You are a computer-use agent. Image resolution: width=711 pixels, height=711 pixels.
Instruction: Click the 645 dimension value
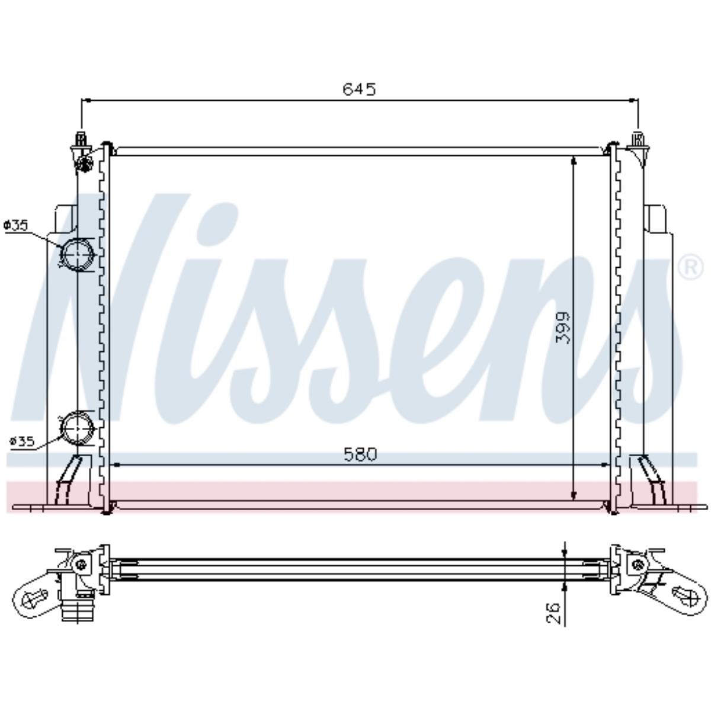359,89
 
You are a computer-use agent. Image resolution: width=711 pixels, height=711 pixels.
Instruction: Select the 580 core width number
360,454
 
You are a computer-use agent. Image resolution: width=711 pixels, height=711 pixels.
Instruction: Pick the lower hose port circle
78,427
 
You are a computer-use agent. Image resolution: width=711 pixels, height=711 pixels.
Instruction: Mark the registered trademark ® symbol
690,268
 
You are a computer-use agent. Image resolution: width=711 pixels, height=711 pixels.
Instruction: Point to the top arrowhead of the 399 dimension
574,162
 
